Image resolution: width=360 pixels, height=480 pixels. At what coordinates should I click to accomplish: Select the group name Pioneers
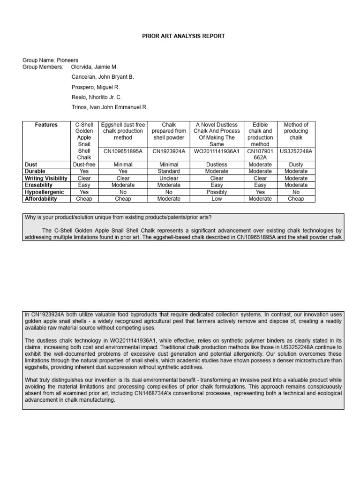[x=67, y=60]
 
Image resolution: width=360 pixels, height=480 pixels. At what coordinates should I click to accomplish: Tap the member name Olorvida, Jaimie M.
[x=94, y=67]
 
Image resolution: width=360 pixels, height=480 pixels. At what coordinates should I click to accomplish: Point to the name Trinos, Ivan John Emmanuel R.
[x=109, y=107]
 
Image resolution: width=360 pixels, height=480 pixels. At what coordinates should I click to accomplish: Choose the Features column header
[x=46, y=125]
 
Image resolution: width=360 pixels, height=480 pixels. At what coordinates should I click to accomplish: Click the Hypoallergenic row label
[x=44, y=192]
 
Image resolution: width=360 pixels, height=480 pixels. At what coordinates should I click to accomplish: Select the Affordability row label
[x=41, y=199]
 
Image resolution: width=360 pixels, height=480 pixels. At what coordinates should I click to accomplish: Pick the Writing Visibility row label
[x=46, y=178]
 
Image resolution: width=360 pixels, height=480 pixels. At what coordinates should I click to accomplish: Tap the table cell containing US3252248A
[x=296, y=151]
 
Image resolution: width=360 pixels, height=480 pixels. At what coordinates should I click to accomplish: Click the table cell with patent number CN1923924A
[x=168, y=151]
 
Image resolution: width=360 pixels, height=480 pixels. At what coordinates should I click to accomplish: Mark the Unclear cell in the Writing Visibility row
[x=168, y=178]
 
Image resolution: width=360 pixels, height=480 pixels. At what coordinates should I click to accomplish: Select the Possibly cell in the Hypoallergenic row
[x=217, y=192]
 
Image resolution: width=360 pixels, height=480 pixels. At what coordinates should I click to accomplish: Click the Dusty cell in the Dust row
[x=296, y=165]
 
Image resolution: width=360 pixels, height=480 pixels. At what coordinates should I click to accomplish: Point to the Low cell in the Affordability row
[x=217, y=199]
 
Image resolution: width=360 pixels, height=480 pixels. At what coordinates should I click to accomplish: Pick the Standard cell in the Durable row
[x=168, y=172]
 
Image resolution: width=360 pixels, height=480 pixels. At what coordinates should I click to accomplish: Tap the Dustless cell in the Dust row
[x=217, y=165]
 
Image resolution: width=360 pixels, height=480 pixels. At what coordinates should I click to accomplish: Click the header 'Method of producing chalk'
[x=296, y=131]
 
